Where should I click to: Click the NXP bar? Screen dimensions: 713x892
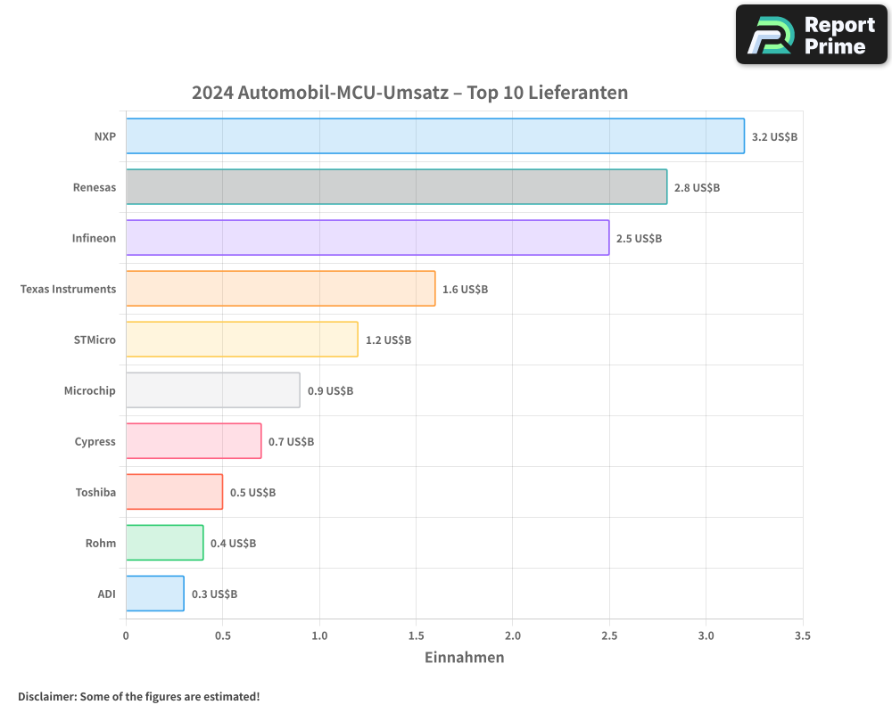coord(434,136)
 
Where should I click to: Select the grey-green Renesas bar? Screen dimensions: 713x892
coord(396,187)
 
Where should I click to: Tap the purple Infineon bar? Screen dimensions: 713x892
coord(367,238)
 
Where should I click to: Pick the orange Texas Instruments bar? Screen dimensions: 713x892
coord(280,289)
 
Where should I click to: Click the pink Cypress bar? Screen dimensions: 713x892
coord(194,441)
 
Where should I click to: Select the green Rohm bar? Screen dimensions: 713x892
coord(164,543)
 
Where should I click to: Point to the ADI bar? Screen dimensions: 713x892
coord(154,594)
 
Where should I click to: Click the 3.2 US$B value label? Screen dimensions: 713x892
coord(774,137)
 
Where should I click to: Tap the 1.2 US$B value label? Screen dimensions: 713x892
coord(388,340)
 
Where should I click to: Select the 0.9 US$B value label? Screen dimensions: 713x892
coord(330,391)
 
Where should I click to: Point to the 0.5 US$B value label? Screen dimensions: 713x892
coord(252,493)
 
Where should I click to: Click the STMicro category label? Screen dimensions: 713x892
coord(95,340)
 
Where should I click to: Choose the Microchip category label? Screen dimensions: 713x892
coord(89,390)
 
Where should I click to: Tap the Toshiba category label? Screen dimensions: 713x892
coord(95,492)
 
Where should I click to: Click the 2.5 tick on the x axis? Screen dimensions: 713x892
coord(609,635)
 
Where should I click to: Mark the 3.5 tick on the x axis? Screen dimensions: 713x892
coord(802,635)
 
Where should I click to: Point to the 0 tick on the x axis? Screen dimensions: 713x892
coord(126,635)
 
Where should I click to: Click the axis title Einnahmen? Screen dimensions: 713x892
coord(464,658)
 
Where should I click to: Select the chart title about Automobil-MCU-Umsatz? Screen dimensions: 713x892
coord(410,93)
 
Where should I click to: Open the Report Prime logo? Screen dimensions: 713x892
coord(812,35)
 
